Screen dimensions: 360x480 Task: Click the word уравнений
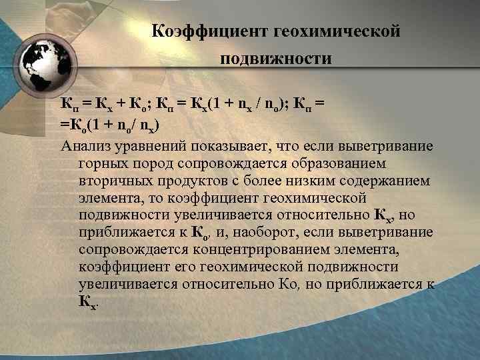tap(151, 145)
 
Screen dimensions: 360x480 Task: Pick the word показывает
tap(233, 145)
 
